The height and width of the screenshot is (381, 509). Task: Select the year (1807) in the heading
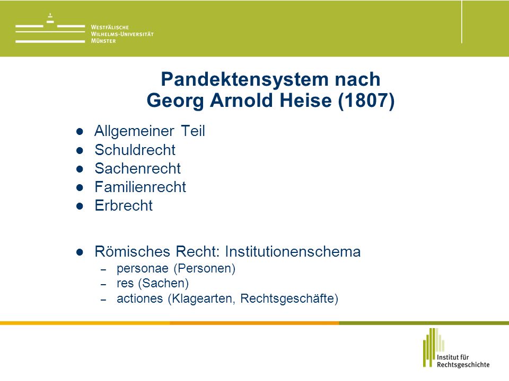[x=366, y=101]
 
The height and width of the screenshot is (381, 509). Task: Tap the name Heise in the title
[x=306, y=100]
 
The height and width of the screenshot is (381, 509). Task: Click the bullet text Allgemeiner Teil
[x=150, y=131]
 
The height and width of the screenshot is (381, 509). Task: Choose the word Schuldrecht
[x=135, y=150]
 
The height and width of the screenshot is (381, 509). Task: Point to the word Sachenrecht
[x=138, y=168]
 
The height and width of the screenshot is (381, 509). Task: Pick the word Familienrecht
[x=140, y=187]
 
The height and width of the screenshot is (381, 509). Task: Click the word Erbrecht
[x=124, y=205]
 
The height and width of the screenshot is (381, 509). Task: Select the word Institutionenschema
[x=293, y=252]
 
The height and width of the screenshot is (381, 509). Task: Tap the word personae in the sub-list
[x=143, y=269]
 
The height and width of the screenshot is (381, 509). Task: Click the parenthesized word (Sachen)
[x=163, y=284]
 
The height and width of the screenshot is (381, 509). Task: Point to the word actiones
[x=139, y=298]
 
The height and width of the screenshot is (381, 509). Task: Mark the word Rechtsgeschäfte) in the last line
[x=289, y=298]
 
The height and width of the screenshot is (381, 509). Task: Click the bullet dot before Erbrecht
[x=80, y=206]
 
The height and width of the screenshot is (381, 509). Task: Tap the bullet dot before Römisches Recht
[x=80, y=252]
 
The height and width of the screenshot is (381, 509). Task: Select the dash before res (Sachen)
[x=103, y=285]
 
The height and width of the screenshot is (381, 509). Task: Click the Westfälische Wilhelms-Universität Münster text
[x=122, y=34]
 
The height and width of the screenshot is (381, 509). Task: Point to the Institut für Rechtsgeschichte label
[x=463, y=361]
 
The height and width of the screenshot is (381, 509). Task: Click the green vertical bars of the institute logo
[x=433, y=347]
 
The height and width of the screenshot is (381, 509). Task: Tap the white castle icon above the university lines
[x=50, y=19]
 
